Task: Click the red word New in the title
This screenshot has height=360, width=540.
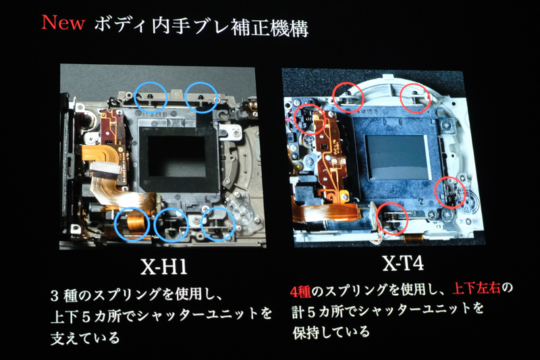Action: pyautogui.click(x=63, y=23)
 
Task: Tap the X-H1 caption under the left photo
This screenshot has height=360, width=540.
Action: pyautogui.click(x=163, y=266)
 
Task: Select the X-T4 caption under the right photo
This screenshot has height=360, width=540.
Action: pyautogui.click(x=402, y=263)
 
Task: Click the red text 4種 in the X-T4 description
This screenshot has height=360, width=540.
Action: pyautogui.click(x=300, y=292)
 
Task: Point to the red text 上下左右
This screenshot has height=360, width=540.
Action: pyautogui.click(x=476, y=288)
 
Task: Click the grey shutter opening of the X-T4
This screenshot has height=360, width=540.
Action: pyautogui.click(x=398, y=157)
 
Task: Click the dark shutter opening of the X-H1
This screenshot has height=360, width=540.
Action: pyautogui.click(x=178, y=156)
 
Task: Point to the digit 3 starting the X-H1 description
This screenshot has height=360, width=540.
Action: pyautogui.click(x=55, y=296)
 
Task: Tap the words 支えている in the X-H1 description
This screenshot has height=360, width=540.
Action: pyautogui.click(x=85, y=338)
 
